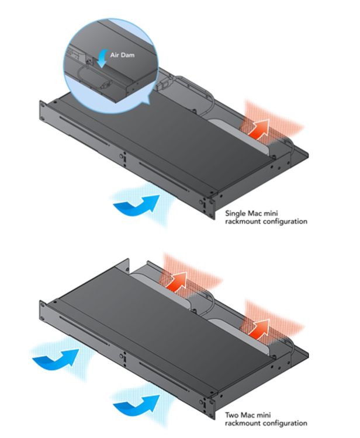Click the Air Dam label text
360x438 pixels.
point(122,55)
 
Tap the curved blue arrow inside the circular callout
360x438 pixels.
point(103,58)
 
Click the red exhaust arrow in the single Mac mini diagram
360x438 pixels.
point(259,129)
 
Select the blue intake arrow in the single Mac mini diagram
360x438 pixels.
point(137,206)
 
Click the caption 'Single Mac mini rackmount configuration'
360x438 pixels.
point(266,218)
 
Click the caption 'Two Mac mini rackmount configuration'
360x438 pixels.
point(266,419)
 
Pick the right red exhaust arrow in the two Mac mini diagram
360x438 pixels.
point(259,329)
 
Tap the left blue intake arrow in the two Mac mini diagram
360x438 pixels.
point(56,360)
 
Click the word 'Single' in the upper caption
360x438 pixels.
point(236,214)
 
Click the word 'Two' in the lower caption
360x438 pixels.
point(231,415)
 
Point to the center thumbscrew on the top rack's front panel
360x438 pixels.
point(122,156)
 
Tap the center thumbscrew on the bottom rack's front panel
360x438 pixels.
point(122,356)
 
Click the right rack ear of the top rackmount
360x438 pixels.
point(212,207)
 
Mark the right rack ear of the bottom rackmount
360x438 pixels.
point(212,407)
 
